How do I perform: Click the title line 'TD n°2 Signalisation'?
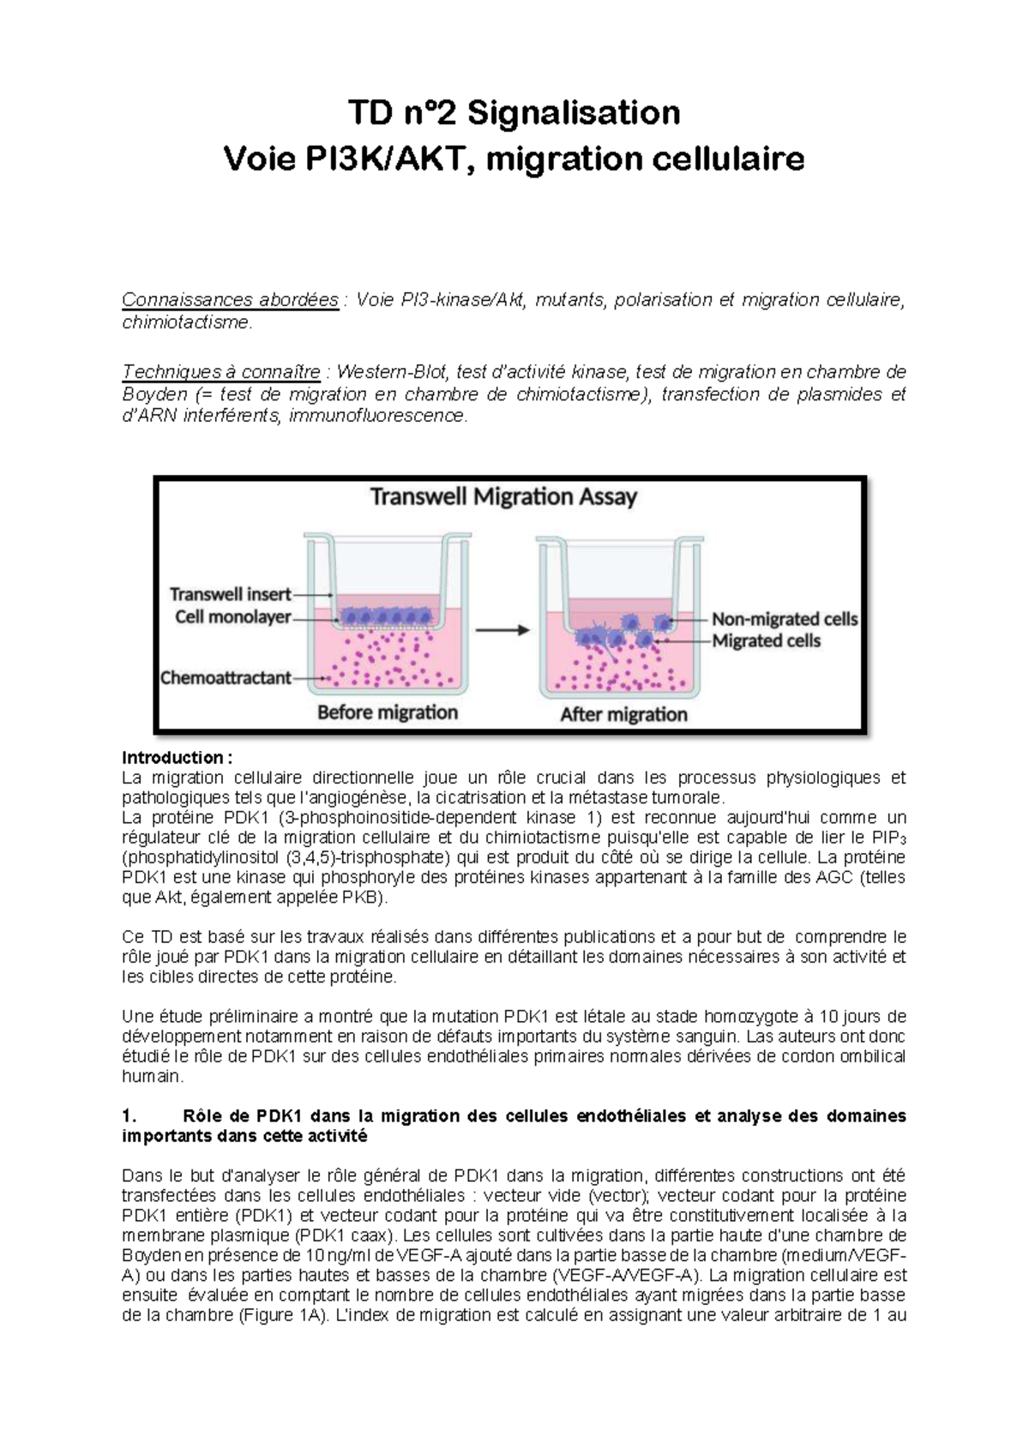coord(514,112)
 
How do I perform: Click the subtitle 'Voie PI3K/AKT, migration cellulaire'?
coord(514,159)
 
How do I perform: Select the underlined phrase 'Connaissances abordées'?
coord(230,300)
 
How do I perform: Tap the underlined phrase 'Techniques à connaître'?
coord(221,372)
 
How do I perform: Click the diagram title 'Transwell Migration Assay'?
coord(503,497)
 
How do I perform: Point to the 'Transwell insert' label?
coord(230,594)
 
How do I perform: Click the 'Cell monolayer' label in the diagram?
coord(233,616)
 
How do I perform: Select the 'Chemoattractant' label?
coord(226,678)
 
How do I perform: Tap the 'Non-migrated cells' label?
coord(785,619)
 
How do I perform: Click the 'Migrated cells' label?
coord(766,641)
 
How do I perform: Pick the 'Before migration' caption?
coord(388,712)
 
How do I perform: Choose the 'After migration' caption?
coord(623,714)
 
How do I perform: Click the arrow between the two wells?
coord(502,630)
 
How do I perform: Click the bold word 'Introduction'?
coord(172,758)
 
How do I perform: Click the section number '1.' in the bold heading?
coord(129,1116)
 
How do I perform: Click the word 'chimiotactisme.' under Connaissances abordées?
coord(187,322)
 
